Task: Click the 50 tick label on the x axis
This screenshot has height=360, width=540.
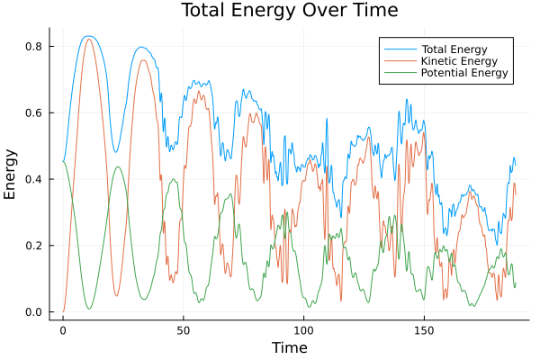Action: coord(184,330)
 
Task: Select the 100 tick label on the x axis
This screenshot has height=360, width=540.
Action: coord(304,330)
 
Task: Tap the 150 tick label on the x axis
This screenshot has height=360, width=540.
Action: coord(425,330)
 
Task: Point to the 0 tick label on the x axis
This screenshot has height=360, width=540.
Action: coord(63,330)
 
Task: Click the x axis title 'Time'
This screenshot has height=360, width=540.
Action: coord(289,347)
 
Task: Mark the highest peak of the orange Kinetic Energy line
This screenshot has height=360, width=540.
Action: coord(88,39)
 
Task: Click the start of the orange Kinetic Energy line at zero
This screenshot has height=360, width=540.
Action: coord(63,311)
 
